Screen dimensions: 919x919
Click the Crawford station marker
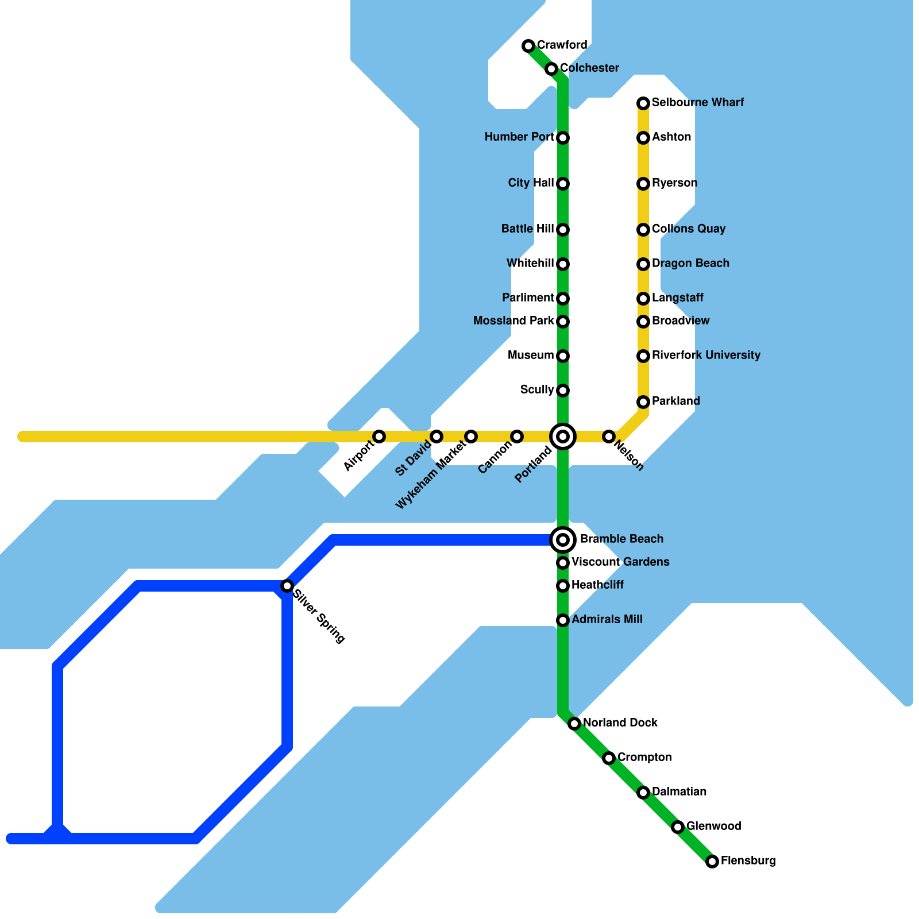point(528,46)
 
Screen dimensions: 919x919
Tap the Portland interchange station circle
point(563,437)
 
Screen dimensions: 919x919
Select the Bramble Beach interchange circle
point(563,540)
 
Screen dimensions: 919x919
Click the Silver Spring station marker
point(287,586)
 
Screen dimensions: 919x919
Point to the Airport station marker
point(379,437)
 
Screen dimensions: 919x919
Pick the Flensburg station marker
point(712,862)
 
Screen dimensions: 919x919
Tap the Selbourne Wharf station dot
point(643,103)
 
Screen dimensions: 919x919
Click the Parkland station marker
point(643,402)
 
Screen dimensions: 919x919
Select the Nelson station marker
point(609,437)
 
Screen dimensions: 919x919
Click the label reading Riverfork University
point(706,356)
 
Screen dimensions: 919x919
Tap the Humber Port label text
point(519,137)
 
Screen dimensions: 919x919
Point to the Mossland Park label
point(513,321)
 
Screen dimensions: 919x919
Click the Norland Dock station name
point(620,723)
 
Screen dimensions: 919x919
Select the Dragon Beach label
point(690,264)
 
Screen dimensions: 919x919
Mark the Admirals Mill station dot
point(563,620)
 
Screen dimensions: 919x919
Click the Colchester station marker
point(551,69)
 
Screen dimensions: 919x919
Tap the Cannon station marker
point(517,437)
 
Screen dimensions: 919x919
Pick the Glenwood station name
point(713,827)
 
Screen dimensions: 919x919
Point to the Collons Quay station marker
point(643,230)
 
